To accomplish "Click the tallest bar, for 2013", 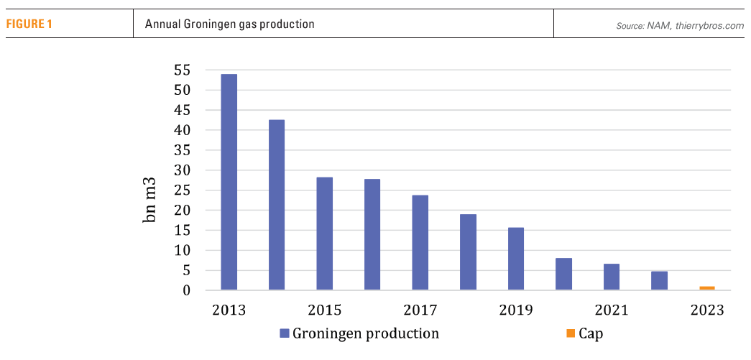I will click(229, 183).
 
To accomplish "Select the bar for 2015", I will click(325, 234).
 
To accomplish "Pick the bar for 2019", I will click(516, 259).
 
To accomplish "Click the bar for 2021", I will click(612, 277).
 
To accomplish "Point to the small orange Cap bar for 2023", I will click(707, 288).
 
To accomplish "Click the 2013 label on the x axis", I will click(229, 310).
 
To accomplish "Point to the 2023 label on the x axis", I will click(707, 310).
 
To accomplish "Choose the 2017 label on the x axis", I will click(420, 310).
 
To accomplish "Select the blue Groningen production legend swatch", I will click(284, 333).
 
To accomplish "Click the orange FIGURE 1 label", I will click(29, 24).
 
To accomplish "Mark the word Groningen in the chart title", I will click(199, 24).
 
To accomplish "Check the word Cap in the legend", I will click(591, 333).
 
